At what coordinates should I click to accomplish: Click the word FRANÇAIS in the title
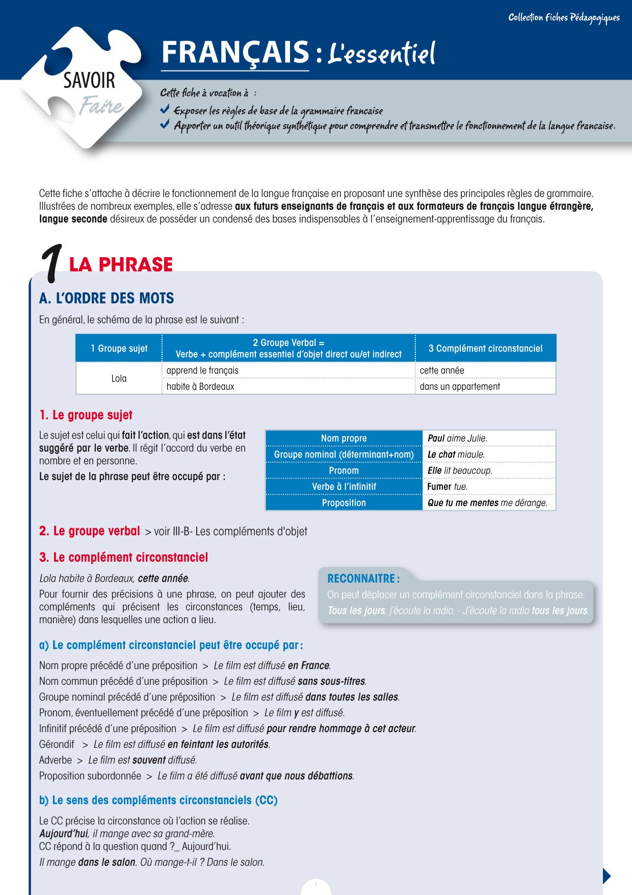[235, 53]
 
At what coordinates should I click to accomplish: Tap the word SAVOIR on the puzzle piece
[89, 81]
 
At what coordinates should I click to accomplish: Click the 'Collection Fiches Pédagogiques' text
[564, 18]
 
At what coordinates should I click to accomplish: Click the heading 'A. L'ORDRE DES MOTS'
[107, 299]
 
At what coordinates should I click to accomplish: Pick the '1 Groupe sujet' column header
[119, 349]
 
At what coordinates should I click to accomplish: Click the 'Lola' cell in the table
[119, 378]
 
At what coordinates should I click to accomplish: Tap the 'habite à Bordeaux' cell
[200, 386]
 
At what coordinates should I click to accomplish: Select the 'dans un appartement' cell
[460, 386]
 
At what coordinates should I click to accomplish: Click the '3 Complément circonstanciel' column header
[485, 349]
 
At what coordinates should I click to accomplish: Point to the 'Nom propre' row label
[344, 438]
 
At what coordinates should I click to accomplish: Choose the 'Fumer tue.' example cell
[447, 487]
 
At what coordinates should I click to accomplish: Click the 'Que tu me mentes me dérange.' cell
[487, 503]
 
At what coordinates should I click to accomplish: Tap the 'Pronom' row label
[344, 470]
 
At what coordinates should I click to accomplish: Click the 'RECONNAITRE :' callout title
[363, 579]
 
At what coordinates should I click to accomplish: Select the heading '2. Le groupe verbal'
[89, 531]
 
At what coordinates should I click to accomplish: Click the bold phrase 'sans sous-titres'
[331, 681]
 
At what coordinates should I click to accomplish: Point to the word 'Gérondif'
[57, 744]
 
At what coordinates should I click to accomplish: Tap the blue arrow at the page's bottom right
[607, 876]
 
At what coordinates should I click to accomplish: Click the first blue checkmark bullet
[165, 109]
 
